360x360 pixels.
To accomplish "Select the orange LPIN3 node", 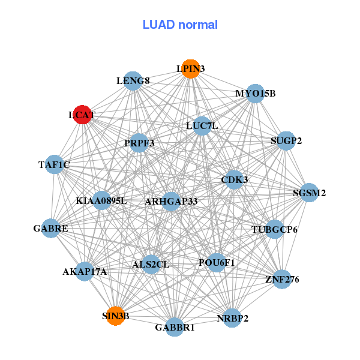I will point(190,69).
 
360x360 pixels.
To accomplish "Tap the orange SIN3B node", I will point(115,316).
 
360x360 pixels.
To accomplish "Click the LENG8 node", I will point(133,80).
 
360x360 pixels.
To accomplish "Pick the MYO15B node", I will point(256,94).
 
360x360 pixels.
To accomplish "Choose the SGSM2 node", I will point(309,193).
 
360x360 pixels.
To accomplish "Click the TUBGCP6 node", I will point(274,229).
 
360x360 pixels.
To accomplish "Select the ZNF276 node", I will point(281,279).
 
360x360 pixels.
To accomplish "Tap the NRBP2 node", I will point(232,318).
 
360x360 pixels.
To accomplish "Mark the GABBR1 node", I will point(175,327).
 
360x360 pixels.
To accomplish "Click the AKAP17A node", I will point(85,271).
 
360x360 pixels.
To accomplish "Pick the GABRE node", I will point(51,229).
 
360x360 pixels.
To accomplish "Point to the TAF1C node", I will point(54,164).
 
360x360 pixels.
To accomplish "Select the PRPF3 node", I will point(139,143).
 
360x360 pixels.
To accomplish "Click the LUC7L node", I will point(202,126).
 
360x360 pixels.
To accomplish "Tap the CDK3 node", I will point(235,179).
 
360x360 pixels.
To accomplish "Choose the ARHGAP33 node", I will point(171,201).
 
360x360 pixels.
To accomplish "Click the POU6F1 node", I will point(217,262).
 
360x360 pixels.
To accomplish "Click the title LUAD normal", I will point(180,25).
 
